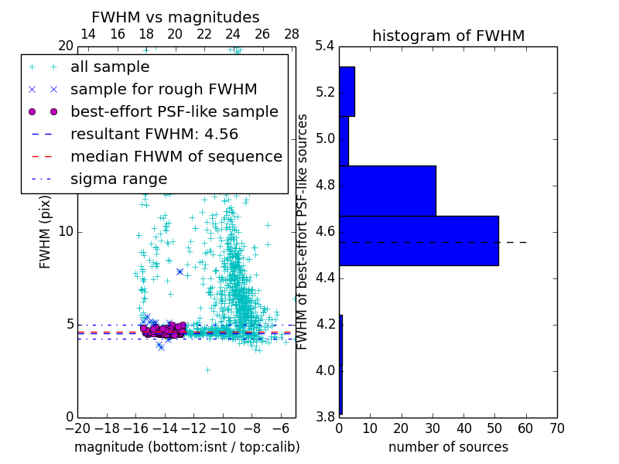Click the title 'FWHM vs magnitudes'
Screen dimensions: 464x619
point(176,17)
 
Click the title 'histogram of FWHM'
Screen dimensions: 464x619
point(448,36)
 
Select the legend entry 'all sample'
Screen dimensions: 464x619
point(110,67)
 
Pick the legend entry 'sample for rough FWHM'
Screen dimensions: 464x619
point(163,90)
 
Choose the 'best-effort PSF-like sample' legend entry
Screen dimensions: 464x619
point(174,112)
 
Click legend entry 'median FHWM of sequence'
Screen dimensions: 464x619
point(176,157)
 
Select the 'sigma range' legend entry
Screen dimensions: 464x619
point(118,179)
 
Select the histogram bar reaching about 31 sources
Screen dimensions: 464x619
point(387,190)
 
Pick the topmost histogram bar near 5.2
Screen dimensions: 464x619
point(347,91)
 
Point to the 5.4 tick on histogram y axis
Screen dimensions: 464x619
point(325,46)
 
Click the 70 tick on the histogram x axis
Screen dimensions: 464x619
point(556,428)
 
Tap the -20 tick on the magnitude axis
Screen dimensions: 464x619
point(77,428)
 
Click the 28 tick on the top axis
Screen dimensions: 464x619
point(292,34)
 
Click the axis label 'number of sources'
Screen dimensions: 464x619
point(448,447)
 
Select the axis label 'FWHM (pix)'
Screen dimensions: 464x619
point(46,231)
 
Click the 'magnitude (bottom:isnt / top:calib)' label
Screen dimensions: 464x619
point(186,447)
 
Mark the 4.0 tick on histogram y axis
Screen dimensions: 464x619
point(325,370)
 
